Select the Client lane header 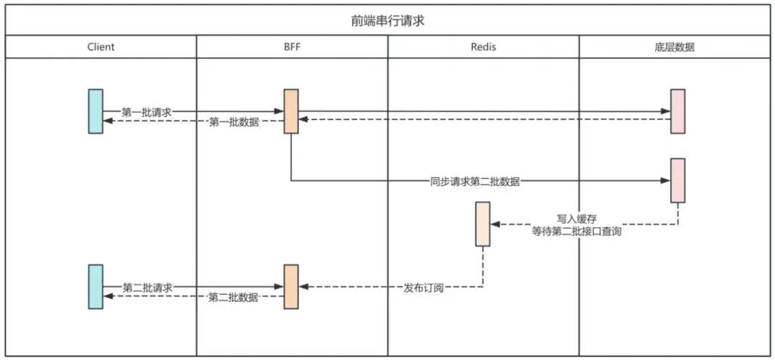pos(100,47)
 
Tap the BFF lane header pos(292,47)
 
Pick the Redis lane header pos(483,47)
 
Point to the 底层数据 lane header pos(675,47)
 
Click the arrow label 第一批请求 pos(146,112)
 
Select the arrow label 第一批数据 pos(233,123)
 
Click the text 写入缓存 pos(576,218)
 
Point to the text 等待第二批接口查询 pos(576,232)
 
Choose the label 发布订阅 pos(423,288)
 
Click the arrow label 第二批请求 pos(147,288)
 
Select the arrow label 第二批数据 pos(233,298)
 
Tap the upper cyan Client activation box pos(95,111)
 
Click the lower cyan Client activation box pos(95,286)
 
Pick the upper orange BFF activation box pos(291,111)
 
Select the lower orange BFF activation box pos(291,286)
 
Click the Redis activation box pos(483,224)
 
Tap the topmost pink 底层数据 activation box pos(677,111)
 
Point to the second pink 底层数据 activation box pos(677,180)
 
